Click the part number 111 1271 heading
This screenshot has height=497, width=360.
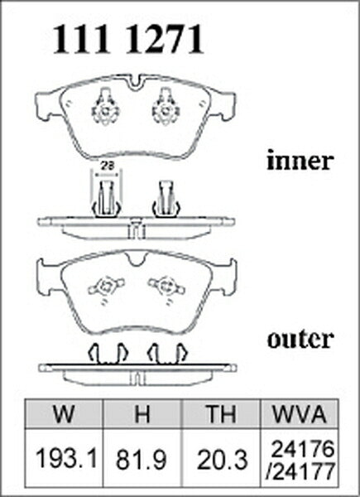[x=128, y=39]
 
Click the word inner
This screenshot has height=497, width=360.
[x=300, y=161]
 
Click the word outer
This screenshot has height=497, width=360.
[x=300, y=339]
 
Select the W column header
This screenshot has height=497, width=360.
[x=65, y=413]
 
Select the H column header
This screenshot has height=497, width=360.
[x=142, y=413]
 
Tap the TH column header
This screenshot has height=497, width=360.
[x=221, y=413]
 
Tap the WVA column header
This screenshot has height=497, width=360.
[x=300, y=413]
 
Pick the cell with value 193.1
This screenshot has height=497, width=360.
[x=66, y=458]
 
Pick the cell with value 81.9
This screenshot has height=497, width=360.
[x=142, y=460]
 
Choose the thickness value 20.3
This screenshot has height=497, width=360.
[x=222, y=460]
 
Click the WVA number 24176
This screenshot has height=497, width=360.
[x=303, y=449]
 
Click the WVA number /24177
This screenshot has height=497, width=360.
[x=300, y=470]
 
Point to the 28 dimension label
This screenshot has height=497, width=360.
[x=105, y=165]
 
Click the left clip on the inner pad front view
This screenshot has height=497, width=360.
[x=105, y=107]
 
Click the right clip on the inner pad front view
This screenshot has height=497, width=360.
[x=166, y=107]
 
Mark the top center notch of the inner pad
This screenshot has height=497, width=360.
[x=136, y=83]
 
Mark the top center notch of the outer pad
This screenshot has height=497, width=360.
[x=137, y=258]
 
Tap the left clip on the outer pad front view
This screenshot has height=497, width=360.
[x=106, y=287]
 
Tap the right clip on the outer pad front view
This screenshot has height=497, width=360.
[x=167, y=287]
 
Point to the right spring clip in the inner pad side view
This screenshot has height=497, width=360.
[x=166, y=200]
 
